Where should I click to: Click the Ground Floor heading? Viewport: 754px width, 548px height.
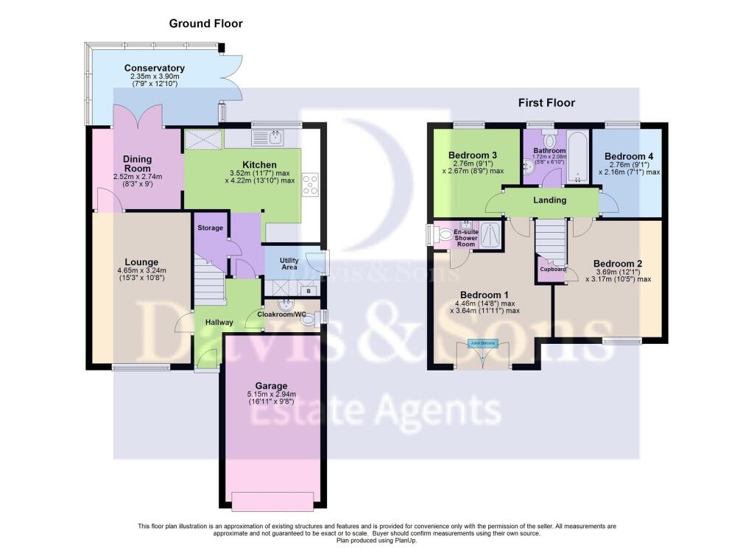pos(205,24)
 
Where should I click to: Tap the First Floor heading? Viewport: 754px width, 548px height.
pos(546,103)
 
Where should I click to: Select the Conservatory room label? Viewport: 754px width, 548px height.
pos(154,68)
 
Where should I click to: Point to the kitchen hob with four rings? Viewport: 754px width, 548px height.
pos(309,183)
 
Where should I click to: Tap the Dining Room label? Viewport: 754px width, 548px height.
pos(137,163)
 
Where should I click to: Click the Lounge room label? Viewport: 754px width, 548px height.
pos(141,261)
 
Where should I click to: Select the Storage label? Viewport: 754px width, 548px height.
pos(210,228)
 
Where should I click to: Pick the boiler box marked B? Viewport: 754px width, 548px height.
pos(309,292)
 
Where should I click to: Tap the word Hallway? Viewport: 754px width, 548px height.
pos(219,322)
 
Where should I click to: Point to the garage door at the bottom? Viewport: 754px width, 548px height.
pos(271,501)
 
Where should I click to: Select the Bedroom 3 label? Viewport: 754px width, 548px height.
pos(473,155)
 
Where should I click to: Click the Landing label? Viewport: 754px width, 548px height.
pos(549,200)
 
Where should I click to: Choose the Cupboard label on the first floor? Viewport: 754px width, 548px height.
pos(553,269)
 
